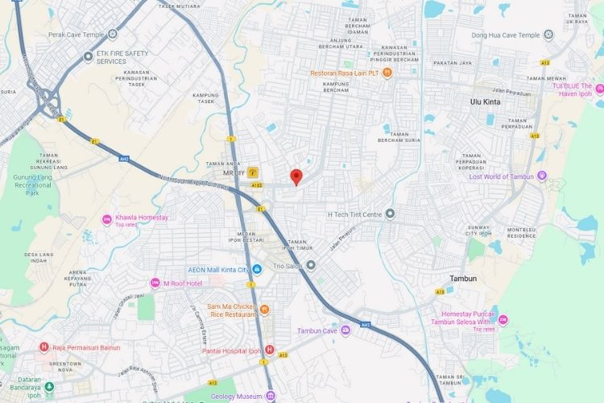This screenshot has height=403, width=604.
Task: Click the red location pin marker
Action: click(296, 177)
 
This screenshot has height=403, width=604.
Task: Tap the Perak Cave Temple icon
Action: click(113, 34)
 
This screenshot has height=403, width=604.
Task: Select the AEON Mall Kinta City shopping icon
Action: click(256, 268)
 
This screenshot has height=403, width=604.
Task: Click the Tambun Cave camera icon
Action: click(345, 330)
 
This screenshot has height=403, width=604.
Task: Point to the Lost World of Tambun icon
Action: click(542, 176)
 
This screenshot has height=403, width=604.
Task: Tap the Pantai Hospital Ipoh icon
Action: click(270, 351)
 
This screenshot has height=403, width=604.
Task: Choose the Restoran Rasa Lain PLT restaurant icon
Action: click(387, 73)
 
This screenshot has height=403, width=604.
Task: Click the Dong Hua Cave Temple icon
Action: click(548, 35)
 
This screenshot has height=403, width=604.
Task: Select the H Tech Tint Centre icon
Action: click(390, 214)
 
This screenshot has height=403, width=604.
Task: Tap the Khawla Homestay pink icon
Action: click(106, 219)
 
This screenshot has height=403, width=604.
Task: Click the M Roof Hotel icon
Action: click(155, 283)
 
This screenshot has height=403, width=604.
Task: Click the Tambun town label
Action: click(462, 278)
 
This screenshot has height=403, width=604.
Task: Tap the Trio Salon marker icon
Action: click(311, 264)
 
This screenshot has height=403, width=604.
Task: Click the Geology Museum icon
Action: click(271, 397)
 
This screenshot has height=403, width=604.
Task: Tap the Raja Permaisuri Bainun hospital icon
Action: click(44, 347)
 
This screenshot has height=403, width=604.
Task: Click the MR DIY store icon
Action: click(253, 172)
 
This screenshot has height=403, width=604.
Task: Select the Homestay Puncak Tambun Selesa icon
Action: click(503, 319)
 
